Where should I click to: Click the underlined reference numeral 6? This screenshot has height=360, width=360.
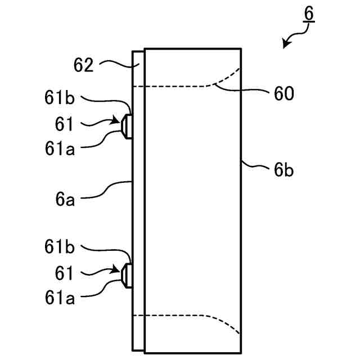click(x=309, y=13)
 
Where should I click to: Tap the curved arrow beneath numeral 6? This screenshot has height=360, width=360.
click(x=292, y=39)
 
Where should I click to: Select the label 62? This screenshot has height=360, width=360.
click(x=83, y=66)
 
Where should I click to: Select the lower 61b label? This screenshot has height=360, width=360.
click(x=60, y=248)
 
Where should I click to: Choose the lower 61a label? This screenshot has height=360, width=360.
click(x=60, y=298)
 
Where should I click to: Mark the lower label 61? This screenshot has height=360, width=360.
click(x=65, y=273)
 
